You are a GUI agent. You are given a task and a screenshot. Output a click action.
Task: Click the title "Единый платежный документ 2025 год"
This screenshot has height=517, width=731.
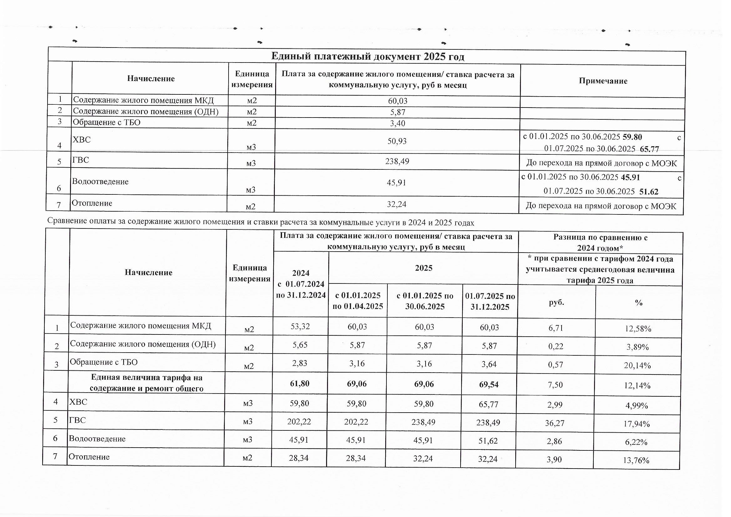tap(367, 57)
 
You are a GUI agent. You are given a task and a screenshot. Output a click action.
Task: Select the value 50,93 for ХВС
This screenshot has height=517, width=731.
tap(397, 141)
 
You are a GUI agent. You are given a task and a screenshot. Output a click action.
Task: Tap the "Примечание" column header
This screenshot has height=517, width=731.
tap(603, 81)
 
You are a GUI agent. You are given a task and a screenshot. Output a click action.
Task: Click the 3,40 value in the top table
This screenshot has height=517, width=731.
tap(397, 123)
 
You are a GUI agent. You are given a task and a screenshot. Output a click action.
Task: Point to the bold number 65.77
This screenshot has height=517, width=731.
tap(649, 149)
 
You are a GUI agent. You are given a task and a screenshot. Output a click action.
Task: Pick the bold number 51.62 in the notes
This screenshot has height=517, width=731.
tap(648, 192)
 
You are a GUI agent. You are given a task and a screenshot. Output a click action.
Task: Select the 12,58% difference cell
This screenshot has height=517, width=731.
tap(638, 329)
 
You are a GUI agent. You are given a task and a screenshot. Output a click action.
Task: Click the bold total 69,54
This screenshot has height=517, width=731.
tap(489, 384)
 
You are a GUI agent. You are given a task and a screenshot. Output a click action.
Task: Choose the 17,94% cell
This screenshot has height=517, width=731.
tap(637, 424)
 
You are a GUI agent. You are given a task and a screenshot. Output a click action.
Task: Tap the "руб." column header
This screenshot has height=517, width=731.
tap(556, 303)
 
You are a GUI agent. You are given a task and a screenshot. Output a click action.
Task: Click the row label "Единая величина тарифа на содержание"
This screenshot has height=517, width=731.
tap(146, 383)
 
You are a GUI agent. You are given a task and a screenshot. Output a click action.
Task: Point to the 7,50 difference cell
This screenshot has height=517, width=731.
tap(555, 385)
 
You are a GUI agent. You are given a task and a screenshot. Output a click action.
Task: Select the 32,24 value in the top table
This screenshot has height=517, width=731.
tap(396, 204)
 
